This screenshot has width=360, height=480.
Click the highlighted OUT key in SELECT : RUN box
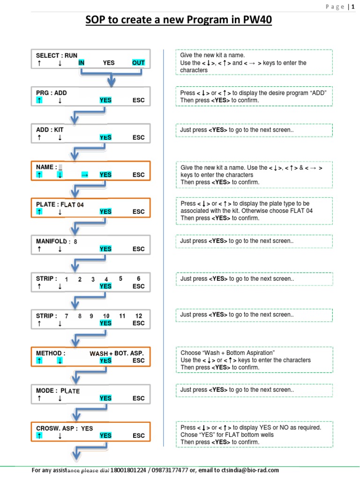pos(138,63)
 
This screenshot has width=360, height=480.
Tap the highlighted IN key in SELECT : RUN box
pos(82,63)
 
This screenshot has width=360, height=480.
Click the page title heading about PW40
pos(178,21)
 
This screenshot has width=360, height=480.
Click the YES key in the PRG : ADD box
pos(105,100)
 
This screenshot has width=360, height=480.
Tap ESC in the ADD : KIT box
pos(139,138)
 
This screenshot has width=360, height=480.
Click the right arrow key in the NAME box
pos(85,175)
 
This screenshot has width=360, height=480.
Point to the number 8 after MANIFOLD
pos(75,242)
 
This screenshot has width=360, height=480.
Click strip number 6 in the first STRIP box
pos(139,278)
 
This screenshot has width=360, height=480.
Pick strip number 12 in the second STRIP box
pos(139,316)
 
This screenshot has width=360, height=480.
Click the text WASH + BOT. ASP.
pos(117,353)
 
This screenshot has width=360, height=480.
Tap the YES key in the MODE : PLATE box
pos(105,398)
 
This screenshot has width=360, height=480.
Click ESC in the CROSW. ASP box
pos(139,436)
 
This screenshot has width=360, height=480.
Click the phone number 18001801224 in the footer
pos(127,470)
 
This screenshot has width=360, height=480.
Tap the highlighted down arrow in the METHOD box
pos(60,360)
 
